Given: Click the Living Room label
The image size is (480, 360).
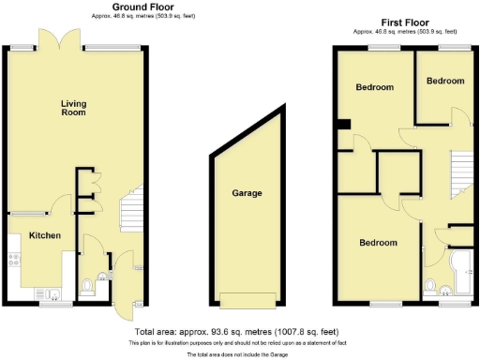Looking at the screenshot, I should (x=73, y=108).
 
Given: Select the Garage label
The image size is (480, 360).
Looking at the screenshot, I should (x=247, y=194).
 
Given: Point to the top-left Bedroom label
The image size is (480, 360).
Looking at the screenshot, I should (x=374, y=87).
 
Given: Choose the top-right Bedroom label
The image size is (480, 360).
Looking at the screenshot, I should (x=445, y=82).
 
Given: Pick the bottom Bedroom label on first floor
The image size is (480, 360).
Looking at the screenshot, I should (x=378, y=243).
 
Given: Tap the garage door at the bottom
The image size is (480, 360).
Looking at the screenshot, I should (x=247, y=300).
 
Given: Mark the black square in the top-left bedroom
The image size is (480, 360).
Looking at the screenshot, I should (x=344, y=124).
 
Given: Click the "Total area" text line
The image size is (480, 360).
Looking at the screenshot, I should (x=236, y=332).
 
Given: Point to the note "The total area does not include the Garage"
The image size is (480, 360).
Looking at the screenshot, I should (x=236, y=355).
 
